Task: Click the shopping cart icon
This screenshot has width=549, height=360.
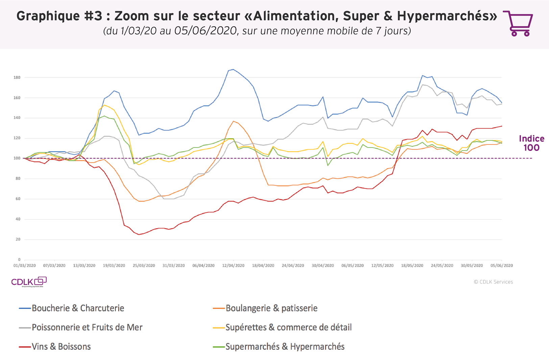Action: tap(518, 23)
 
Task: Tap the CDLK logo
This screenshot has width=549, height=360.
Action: tap(29, 282)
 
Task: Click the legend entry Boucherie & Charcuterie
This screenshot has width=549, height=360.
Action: tap(78, 308)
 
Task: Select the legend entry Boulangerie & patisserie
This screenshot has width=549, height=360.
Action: tap(271, 308)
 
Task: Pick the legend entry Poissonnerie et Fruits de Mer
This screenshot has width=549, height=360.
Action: tap(87, 328)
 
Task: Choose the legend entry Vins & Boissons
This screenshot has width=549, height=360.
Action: tap(61, 347)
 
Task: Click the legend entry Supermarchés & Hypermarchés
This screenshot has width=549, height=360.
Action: tap(285, 347)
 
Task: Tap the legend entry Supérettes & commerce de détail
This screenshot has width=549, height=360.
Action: tap(288, 328)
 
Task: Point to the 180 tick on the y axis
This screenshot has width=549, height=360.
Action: tap(17, 77)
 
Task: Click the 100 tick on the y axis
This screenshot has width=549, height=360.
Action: tap(17, 158)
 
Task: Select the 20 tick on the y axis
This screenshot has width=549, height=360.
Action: tap(18, 239)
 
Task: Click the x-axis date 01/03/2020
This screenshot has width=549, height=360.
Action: tap(24, 266)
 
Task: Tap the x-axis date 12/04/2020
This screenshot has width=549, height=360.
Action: tap(233, 266)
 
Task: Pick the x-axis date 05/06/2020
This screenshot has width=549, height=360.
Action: tap(502, 266)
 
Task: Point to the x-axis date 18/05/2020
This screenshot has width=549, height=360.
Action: tap(412, 266)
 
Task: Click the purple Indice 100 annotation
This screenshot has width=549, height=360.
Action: tap(531, 143)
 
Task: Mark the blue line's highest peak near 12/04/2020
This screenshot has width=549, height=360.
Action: tap(233, 69)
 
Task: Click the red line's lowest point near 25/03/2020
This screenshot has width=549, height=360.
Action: tap(139, 234)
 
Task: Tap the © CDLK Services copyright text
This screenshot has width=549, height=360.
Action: tap(493, 282)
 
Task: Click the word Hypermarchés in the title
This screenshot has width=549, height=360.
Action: tap(447, 16)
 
